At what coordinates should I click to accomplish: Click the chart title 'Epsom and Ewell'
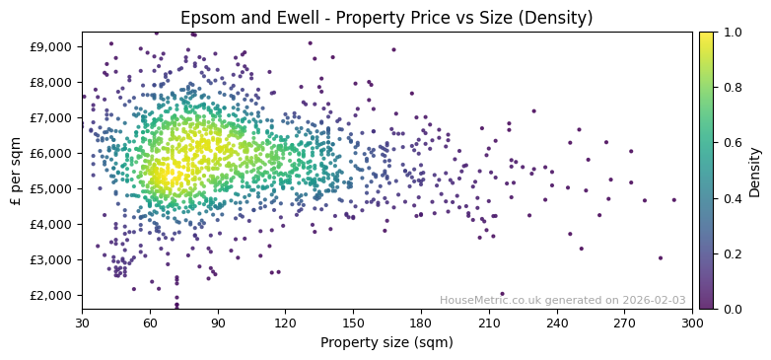point(386,18)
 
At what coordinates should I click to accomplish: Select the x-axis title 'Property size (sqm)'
point(386,342)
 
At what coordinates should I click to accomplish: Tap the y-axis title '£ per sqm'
point(16,171)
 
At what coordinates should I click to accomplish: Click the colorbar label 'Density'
point(754,171)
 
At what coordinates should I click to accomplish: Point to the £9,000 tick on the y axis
point(51,46)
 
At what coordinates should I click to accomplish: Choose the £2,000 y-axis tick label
point(51,295)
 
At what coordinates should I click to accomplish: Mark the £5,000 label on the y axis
point(51,188)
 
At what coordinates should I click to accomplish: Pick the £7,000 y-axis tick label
point(51,117)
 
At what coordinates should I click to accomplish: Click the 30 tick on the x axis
point(82,322)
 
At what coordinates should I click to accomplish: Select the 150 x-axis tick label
point(353,322)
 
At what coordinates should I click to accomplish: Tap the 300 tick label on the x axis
point(692,322)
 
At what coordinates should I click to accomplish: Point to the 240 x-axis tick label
point(557,322)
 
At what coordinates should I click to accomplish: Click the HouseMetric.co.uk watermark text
point(562,300)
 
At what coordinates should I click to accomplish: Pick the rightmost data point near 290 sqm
point(674,200)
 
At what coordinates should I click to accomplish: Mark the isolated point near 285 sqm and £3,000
point(661,258)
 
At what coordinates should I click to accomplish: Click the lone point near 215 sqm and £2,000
point(502,294)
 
